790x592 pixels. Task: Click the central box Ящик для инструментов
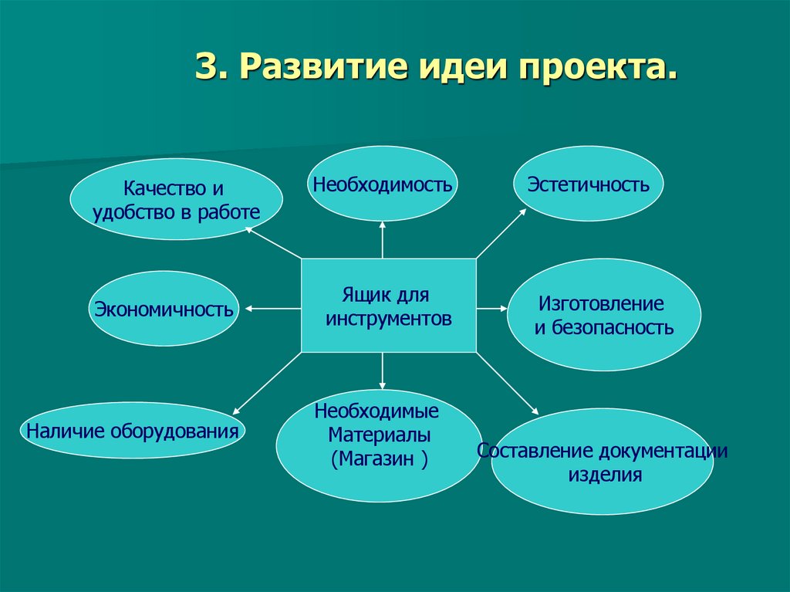click(x=388, y=306)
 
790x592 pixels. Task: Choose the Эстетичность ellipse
click(x=588, y=184)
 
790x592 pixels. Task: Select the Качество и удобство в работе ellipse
click(x=177, y=200)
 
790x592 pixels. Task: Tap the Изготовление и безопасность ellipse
click(x=603, y=315)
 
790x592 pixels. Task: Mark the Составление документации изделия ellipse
click(x=603, y=462)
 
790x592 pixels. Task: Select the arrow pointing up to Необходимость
click(x=383, y=239)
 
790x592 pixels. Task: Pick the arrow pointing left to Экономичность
click(x=272, y=309)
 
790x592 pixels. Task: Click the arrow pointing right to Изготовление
click(x=491, y=309)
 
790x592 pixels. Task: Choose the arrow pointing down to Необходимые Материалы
click(x=383, y=370)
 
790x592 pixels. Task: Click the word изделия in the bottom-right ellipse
click(x=605, y=474)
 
